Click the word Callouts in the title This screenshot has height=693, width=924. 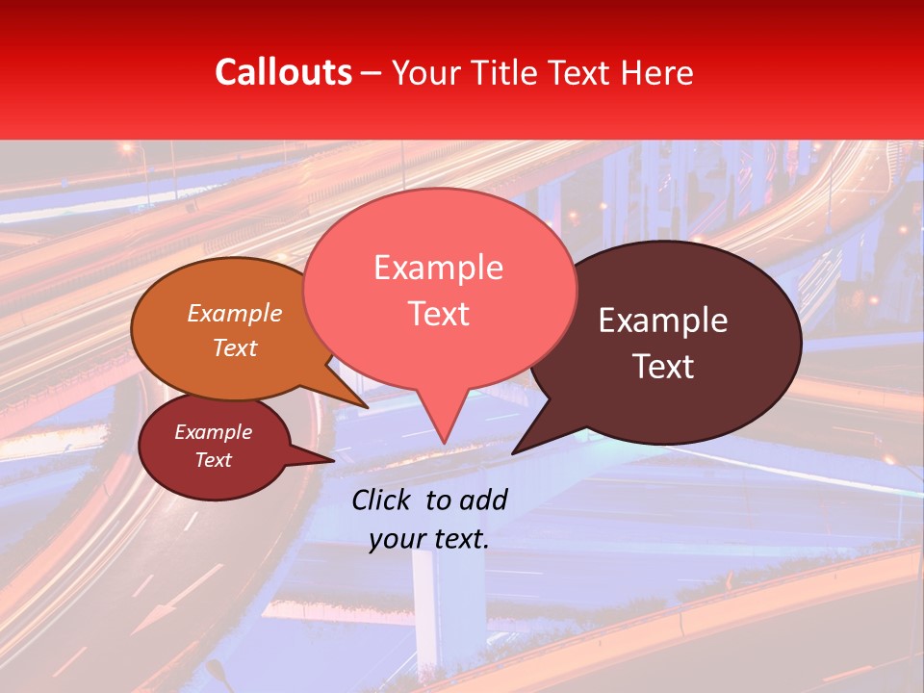[x=283, y=72]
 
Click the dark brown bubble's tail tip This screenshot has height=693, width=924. [x=513, y=452]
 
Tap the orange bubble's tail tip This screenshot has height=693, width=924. [x=367, y=407]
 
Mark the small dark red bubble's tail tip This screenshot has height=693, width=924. [x=333, y=460]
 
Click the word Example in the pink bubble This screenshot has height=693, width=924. [x=438, y=268]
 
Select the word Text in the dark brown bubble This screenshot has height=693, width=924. [x=663, y=367]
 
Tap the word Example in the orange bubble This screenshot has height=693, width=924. [x=235, y=313]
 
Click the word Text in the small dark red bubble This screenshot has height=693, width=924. [x=214, y=460]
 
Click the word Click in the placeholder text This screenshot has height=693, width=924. [x=383, y=500]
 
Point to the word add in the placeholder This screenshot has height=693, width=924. [x=483, y=500]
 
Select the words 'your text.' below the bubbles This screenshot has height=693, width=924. [x=429, y=540]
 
